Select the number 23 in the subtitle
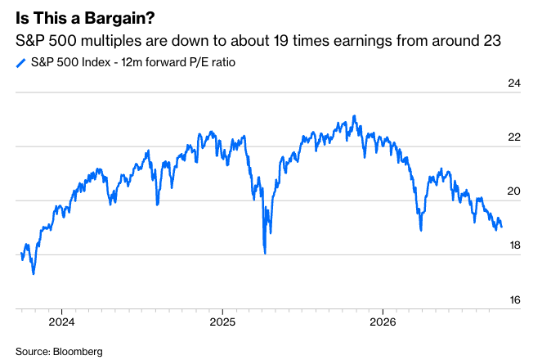[493, 41]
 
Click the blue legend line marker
[21, 63]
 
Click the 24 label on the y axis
[514, 83]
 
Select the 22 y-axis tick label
[514, 137]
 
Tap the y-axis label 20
[514, 191]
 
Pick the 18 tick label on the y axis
[515, 245]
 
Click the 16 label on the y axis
[515, 299]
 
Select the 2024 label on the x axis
[61, 322]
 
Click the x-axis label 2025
[222, 322]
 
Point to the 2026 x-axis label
[383, 322]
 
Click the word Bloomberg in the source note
[78, 352]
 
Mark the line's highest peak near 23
[354, 116]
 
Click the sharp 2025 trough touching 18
[265, 253]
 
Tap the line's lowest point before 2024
[34, 273]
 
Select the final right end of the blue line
[502, 227]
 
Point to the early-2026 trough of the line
[421, 230]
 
